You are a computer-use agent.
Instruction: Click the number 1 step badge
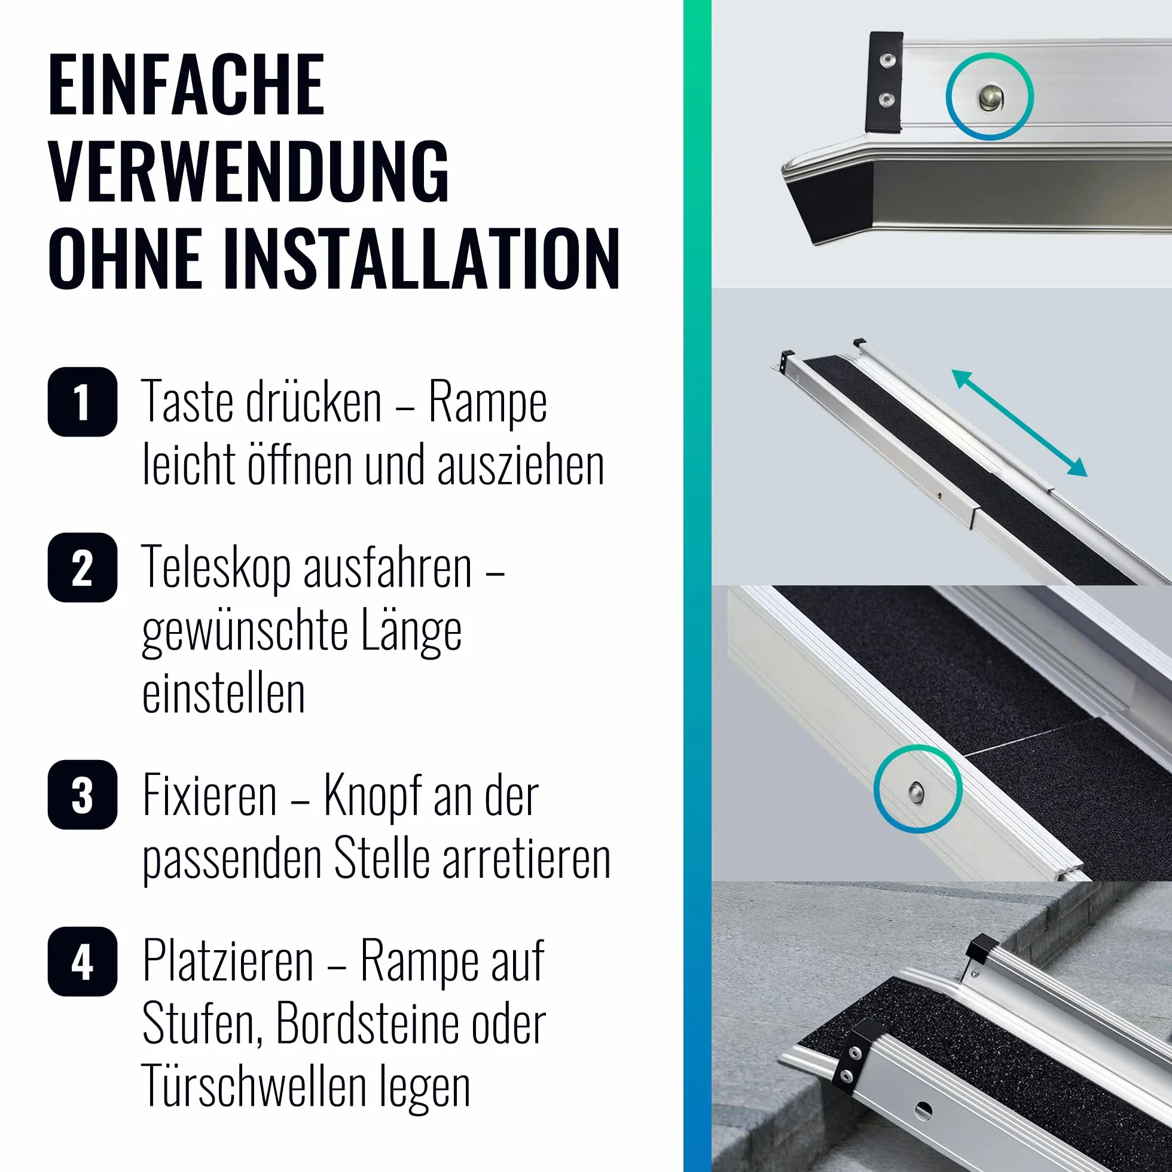pos(83,402)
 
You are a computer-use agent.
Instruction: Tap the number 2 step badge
pos(83,567)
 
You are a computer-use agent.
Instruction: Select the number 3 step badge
pos(83,795)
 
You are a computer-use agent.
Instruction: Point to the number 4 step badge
pos(83,962)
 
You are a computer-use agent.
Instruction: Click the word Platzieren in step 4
pos(228,962)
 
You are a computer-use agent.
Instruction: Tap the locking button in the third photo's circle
pos(917,791)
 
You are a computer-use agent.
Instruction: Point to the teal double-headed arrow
pos(1019,423)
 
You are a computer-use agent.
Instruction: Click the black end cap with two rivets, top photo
pos(885,82)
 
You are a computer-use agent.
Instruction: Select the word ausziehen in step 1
pos(520,466)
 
